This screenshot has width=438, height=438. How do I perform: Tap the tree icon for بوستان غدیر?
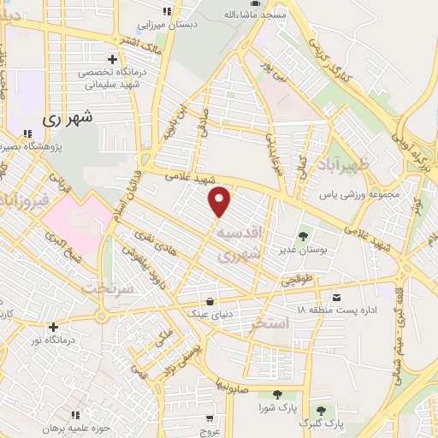[x=303, y=235]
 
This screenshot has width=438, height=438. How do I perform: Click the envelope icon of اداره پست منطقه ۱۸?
[x=336, y=297]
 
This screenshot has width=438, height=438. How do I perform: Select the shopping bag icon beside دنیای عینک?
[x=210, y=301]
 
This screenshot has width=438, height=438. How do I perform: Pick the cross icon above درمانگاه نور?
[x=53, y=326]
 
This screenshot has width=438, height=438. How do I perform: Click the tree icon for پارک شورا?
[x=276, y=394]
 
